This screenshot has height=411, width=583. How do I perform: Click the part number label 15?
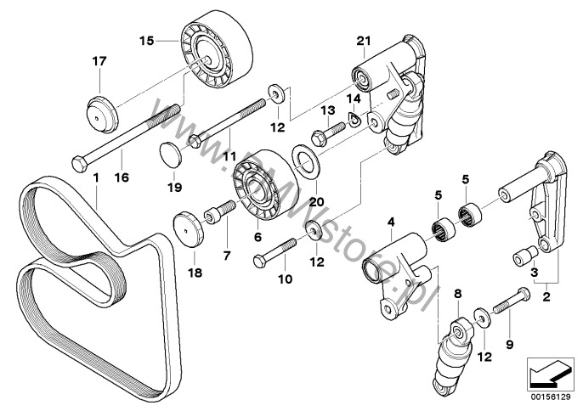coord(147,40)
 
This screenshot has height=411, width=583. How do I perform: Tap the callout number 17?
coord(99,60)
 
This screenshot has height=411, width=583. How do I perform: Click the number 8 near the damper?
coord(457,293)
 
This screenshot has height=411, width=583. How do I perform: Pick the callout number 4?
coord(390,222)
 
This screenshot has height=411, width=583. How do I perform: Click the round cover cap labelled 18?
coord(189,230)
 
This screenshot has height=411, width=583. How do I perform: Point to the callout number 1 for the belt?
coord(97,179)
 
